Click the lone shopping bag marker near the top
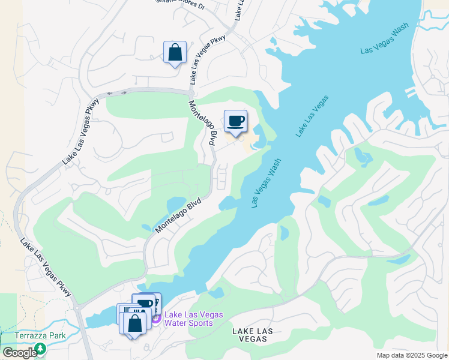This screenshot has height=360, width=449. click(x=175, y=52)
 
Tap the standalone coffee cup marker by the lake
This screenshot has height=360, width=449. click(x=236, y=121)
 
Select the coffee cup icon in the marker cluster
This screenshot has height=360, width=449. click(x=146, y=304)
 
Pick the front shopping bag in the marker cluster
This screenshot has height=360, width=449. click(x=134, y=322)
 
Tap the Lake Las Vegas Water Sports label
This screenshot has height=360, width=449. click(x=193, y=319)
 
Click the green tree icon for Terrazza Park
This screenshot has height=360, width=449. click(x=40, y=348)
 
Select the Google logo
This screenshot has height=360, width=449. click(x=20, y=353)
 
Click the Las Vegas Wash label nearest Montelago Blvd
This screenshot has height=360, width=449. click(x=267, y=182)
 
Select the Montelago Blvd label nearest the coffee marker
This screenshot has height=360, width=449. click(x=202, y=123)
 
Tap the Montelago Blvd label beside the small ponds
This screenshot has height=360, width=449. click(x=177, y=213)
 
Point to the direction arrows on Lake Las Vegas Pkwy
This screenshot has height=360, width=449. click(x=117, y=92)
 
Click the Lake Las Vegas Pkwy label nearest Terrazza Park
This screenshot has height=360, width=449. click(x=46, y=268)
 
